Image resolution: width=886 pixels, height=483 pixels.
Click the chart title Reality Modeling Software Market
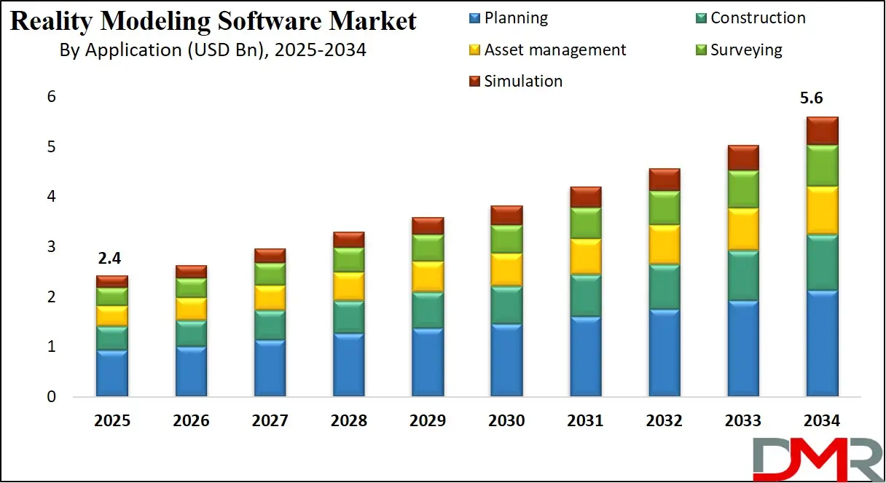pos(213,21)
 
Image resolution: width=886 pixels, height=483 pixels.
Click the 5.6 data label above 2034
pos(822,99)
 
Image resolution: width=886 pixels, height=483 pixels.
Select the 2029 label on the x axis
pos(428,421)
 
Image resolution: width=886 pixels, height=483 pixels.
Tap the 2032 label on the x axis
pos(664,421)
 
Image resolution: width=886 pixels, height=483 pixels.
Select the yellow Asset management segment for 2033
pos(743,229)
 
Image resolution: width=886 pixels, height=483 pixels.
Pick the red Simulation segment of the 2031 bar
pos(586,197)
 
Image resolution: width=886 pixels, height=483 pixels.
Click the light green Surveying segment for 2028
pos(349,259)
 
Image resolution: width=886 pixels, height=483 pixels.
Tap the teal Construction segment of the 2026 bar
pos(191,333)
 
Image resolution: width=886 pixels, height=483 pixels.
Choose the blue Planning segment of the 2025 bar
pos(111,373)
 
